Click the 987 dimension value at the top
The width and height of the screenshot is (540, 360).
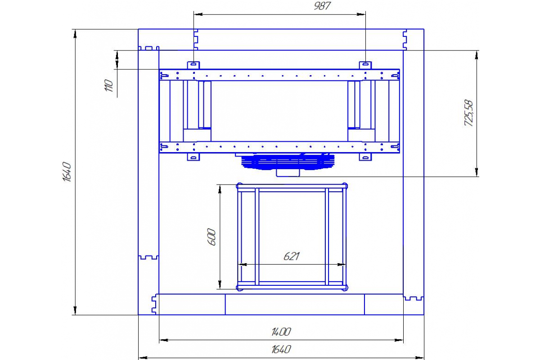tap(322, 6)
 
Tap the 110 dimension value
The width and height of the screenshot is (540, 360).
tap(109, 85)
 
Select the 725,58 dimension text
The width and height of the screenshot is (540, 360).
tap(469, 113)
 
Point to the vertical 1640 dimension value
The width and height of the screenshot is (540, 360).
tap(67, 172)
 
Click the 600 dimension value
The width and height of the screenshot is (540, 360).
tap(211, 237)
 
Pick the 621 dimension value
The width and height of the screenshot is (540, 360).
tap(292, 256)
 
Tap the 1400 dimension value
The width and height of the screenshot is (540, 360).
tap(281, 332)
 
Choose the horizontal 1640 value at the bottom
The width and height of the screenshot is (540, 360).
tap(281, 349)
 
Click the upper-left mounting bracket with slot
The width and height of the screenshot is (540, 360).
tap(193, 65)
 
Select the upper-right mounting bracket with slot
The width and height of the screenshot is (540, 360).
tap(365, 65)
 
